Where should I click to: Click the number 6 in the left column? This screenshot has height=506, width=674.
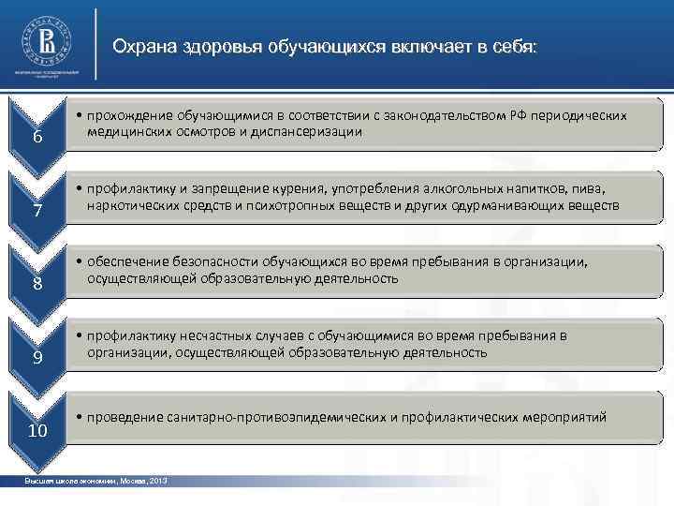[37, 138]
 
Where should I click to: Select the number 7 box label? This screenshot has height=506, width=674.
[37, 211]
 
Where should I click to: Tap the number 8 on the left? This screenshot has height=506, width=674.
[37, 284]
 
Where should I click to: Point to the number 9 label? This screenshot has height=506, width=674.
[37, 358]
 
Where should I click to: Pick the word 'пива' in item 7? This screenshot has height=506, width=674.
[599, 188]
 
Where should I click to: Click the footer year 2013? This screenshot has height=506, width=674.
[158, 481]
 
